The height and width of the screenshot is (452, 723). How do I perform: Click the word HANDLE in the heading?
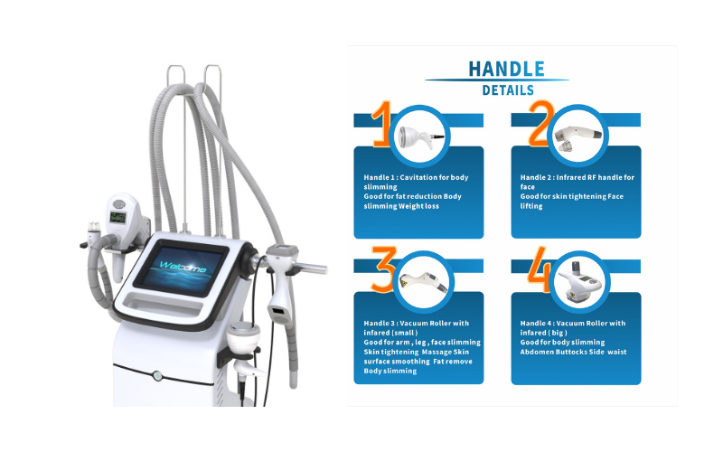point(506,70)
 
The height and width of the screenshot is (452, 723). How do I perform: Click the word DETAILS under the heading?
point(508,90)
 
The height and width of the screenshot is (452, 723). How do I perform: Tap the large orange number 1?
point(382,124)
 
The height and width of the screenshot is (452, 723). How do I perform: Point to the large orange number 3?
point(383,269)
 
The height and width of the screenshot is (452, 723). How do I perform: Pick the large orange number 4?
point(540,269)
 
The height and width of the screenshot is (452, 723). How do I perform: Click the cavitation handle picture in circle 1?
point(420,137)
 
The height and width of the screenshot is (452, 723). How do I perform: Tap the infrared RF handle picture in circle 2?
point(577,137)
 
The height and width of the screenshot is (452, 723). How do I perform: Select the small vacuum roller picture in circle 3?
point(423,282)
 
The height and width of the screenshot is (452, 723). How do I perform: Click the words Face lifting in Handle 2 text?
point(572,201)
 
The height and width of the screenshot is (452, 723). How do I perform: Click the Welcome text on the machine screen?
point(183,266)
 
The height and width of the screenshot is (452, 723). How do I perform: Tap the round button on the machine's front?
point(157,375)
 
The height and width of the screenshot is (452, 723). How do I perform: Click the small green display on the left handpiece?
point(117,217)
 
